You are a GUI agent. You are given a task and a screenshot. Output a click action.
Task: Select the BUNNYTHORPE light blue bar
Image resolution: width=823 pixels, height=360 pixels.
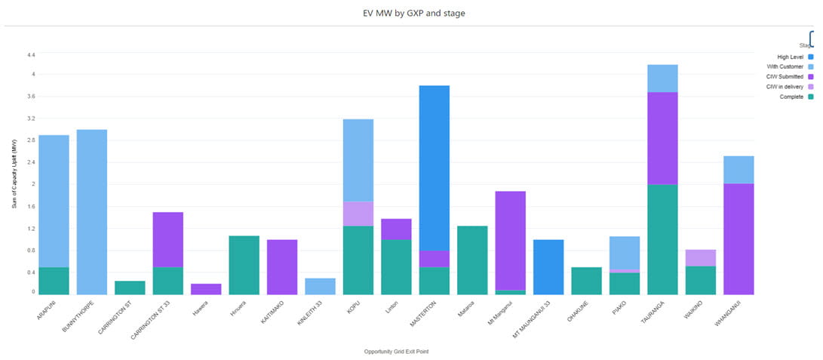(x=92, y=212)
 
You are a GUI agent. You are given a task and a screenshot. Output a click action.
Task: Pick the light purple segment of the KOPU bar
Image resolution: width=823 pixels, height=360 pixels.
(x=358, y=214)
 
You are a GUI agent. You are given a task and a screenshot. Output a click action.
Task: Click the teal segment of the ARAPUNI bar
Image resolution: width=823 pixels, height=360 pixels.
(x=54, y=281)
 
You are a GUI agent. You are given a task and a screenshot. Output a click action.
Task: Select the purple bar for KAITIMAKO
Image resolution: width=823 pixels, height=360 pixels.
(x=282, y=267)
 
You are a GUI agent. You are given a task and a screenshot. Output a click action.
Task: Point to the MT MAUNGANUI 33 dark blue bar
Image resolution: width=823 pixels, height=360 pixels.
(x=548, y=267)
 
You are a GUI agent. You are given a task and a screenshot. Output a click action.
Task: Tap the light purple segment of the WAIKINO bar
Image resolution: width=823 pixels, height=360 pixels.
(x=701, y=257)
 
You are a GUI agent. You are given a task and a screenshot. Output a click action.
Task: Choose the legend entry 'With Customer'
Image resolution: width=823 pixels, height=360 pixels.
(x=785, y=66)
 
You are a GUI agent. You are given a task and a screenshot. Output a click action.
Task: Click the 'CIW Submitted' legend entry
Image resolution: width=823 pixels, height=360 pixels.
(x=785, y=76)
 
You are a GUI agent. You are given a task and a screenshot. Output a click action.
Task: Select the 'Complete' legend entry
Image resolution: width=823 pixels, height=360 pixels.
(x=791, y=96)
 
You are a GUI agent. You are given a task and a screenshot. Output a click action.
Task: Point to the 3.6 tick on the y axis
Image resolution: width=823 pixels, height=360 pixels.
(x=31, y=97)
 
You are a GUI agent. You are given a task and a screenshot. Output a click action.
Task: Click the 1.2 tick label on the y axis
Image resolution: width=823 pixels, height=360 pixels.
(x=31, y=228)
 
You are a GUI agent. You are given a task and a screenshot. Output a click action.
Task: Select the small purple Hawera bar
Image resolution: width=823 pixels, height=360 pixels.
(x=206, y=289)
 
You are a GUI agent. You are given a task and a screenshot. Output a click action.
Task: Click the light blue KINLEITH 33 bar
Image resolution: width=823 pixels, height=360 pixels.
(x=321, y=286)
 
